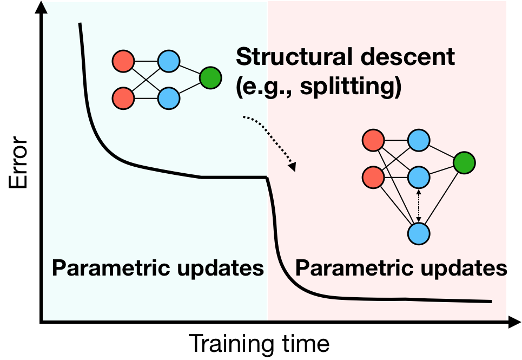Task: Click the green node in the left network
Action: click(210, 78)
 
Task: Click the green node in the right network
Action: click(464, 162)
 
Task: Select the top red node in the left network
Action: click(123, 61)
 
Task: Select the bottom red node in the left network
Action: click(123, 99)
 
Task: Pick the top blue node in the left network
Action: click(169, 61)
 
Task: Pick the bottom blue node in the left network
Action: click(169, 99)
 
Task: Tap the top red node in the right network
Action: click(373, 141)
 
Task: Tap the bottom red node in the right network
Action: click(373, 178)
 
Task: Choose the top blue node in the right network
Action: click(419, 141)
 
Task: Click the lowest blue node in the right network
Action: click(419, 234)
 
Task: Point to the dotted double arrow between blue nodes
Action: click(418, 206)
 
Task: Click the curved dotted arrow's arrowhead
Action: click(293, 167)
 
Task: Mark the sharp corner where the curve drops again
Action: click(267, 178)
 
